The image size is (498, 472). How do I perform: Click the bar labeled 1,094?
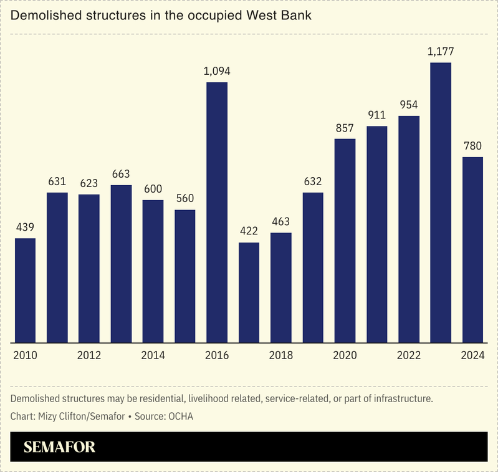tap(217, 213)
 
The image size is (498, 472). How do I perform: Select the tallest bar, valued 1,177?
tap(441, 203)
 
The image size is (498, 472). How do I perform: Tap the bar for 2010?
tap(25, 291)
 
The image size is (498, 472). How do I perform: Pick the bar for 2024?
tap(473, 250)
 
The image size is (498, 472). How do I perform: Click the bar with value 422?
tap(249, 292)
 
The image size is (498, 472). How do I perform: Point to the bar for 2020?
tap(345, 241)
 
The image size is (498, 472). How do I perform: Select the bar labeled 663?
tap(121, 264)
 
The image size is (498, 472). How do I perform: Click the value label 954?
tap(409, 104)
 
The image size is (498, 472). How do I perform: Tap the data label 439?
tap(25, 227)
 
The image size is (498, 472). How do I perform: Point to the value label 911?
tap(377, 115)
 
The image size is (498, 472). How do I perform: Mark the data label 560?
tap(185, 198)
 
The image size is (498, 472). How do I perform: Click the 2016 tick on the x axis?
tap(217, 355)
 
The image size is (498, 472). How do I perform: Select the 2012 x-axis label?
tap(89, 355)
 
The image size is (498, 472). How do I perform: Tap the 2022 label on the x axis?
tap(409, 355)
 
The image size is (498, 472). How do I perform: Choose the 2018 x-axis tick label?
tap(281, 355)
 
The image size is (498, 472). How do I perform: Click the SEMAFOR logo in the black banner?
tap(59, 447)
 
